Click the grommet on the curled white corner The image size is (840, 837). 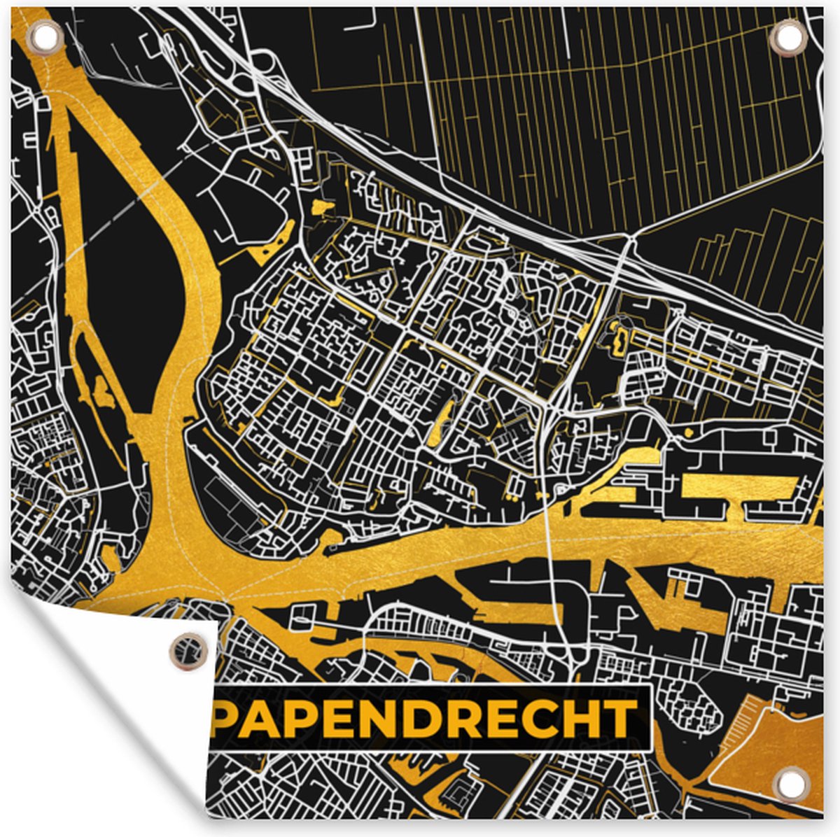189,651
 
